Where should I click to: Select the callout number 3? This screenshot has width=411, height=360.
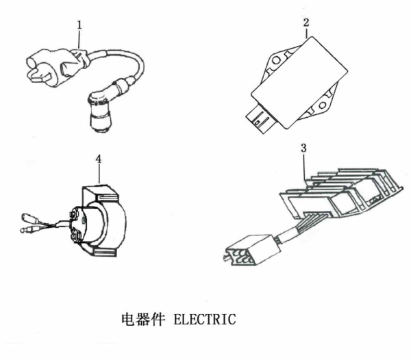click(304, 147)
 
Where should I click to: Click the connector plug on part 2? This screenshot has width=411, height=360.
click(264, 116)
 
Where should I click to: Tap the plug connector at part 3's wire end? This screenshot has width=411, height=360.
click(243, 250)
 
